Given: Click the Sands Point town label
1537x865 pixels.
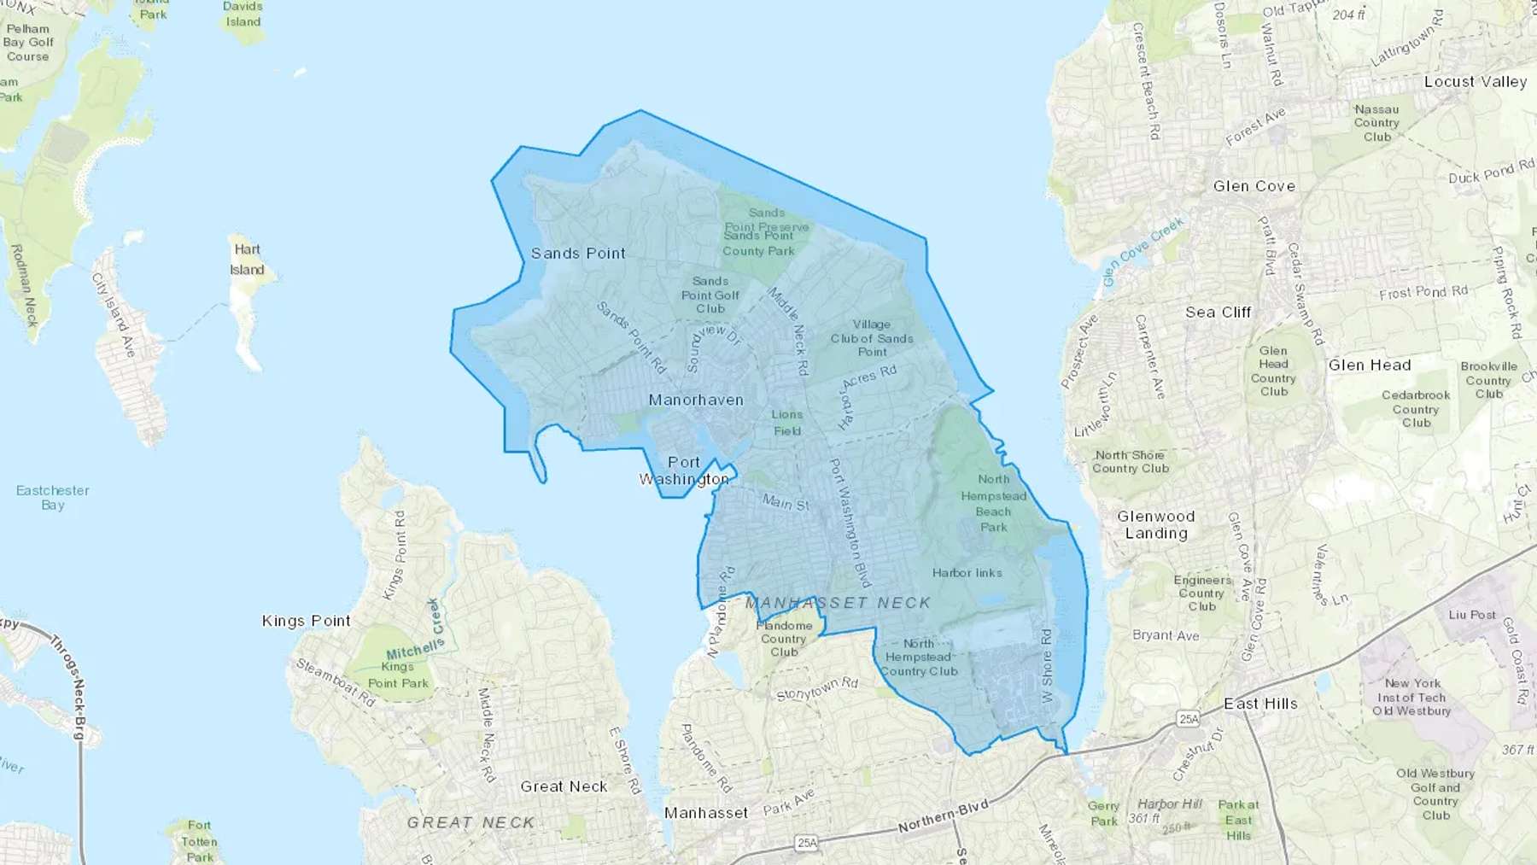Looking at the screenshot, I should [578, 254].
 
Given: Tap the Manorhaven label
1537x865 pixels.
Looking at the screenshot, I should [696, 400].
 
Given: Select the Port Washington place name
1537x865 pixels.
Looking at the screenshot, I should [684, 470].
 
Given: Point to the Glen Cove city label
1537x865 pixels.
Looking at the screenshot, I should [1254, 186].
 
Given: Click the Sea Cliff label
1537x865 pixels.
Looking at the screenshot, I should [1218, 313].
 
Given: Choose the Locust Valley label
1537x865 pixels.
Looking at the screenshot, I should [1475, 82].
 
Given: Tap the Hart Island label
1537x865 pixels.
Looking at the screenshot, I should [247, 260].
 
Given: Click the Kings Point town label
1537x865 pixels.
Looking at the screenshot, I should [306, 621].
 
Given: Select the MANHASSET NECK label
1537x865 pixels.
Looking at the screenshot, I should [838, 603].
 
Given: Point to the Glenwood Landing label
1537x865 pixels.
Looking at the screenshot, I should [1156, 524].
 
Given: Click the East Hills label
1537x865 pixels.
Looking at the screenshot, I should [1260, 704].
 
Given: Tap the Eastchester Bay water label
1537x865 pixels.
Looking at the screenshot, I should [52, 497].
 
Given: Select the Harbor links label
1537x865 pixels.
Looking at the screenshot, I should [967, 573].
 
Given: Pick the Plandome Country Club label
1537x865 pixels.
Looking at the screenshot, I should [784, 639].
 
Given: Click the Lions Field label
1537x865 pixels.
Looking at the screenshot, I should [786, 423].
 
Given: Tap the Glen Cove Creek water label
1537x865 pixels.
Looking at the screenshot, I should [1143, 252].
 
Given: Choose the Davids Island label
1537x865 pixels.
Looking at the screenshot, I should [243, 14].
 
